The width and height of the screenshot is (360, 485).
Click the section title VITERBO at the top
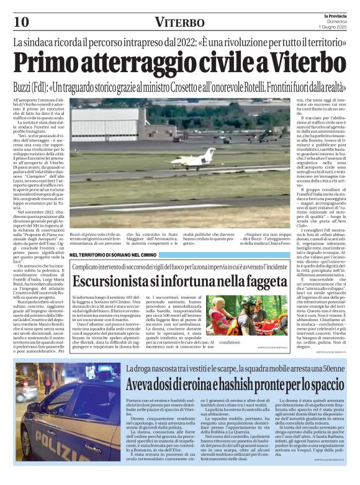[179, 23]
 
